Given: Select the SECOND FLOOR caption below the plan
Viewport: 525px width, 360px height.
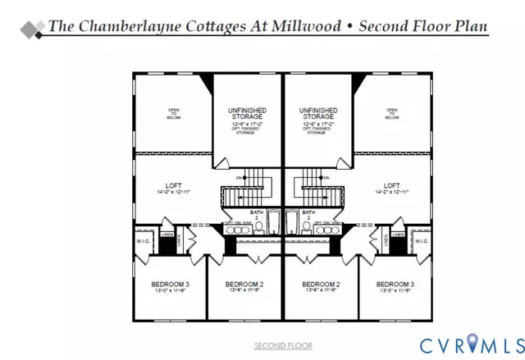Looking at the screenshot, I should [x=283, y=345].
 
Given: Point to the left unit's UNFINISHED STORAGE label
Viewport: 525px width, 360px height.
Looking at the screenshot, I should [x=249, y=114].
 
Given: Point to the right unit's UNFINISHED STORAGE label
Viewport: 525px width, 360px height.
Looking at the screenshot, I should [x=317, y=114].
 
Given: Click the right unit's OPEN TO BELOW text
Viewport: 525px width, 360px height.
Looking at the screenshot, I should [x=392, y=114].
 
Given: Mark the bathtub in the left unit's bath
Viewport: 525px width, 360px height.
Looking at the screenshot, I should [x=274, y=221].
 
